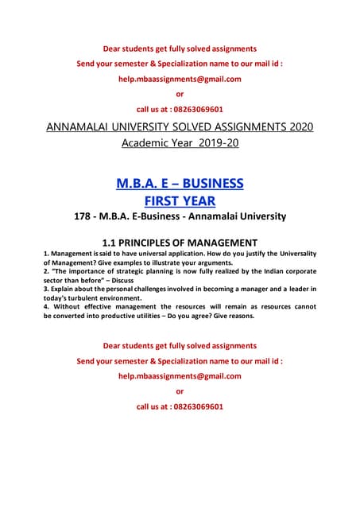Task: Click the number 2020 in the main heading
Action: (296, 127)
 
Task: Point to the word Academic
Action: (147, 143)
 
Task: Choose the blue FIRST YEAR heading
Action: (180, 200)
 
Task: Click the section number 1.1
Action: (114, 242)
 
